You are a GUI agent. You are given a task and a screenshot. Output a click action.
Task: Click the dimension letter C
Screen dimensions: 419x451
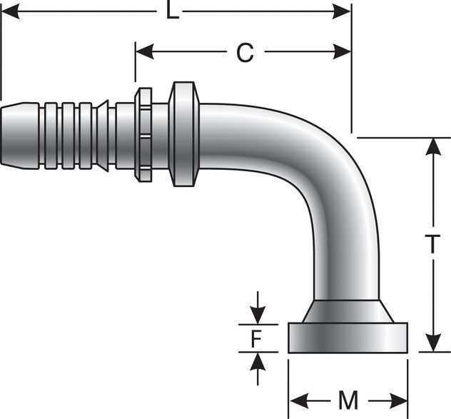pyautogui.click(x=245, y=52)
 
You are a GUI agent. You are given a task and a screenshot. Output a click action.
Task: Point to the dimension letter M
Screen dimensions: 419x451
pyautogui.click(x=348, y=401)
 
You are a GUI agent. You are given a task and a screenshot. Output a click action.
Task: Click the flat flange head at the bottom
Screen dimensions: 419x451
pyautogui.click(x=348, y=338)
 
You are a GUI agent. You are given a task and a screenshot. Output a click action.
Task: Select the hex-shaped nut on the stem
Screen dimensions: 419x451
pyautogui.click(x=143, y=135)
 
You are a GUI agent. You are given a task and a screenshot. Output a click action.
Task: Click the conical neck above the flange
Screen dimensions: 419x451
pyautogui.click(x=348, y=312)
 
